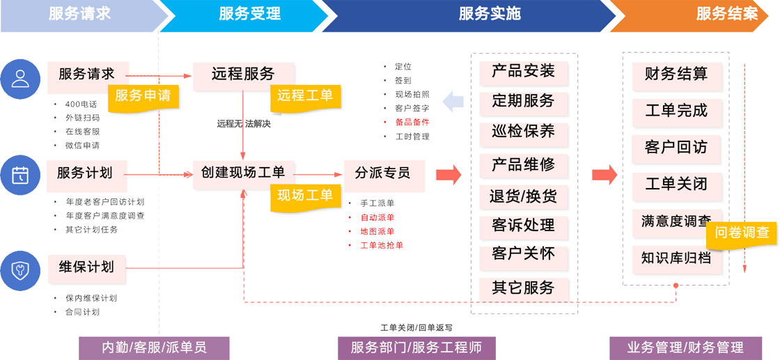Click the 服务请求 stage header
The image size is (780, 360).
click(79, 14)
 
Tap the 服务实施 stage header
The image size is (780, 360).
click(489, 14)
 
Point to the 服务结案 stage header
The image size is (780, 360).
click(726, 14)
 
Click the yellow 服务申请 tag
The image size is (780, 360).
click(143, 95)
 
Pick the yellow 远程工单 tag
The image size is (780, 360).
click(305, 95)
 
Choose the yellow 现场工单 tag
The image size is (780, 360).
click(305, 196)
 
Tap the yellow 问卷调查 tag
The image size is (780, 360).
click(742, 233)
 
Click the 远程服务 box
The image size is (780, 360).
click(243, 74)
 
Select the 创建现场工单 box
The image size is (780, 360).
click(243, 171)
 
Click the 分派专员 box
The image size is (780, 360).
click(382, 173)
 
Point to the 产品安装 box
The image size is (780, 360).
click(523, 71)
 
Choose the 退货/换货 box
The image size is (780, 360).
click(523, 196)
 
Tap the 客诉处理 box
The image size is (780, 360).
click(523, 226)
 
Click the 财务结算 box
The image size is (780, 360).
click(676, 74)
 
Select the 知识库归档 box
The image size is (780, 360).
click(676, 258)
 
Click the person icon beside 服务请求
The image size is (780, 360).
click(20, 78)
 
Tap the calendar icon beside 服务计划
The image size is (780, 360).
click(20, 175)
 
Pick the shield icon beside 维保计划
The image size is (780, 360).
click(20, 269)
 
